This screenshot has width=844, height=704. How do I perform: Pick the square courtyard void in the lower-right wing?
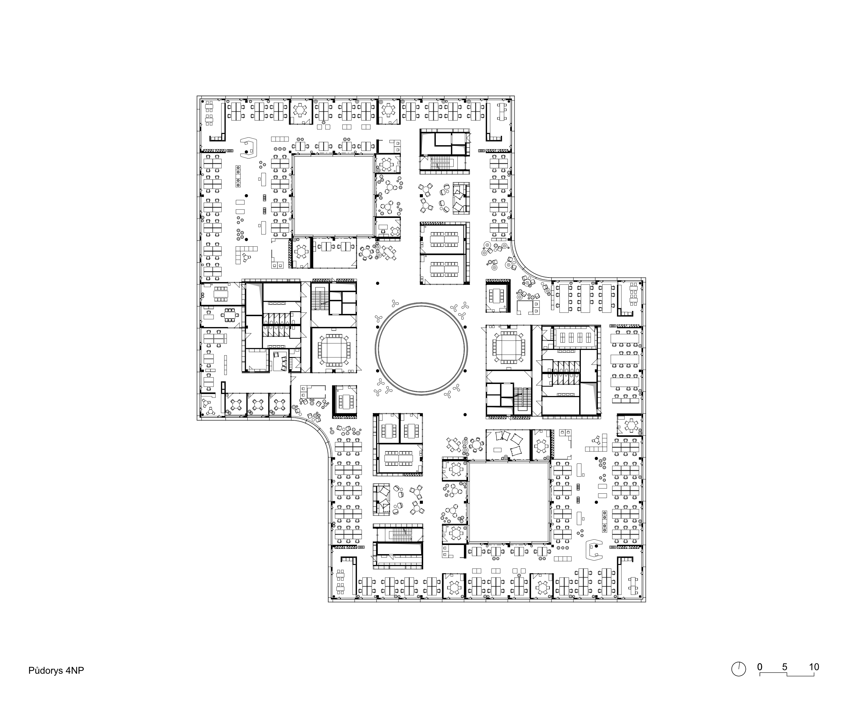point(508,502)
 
